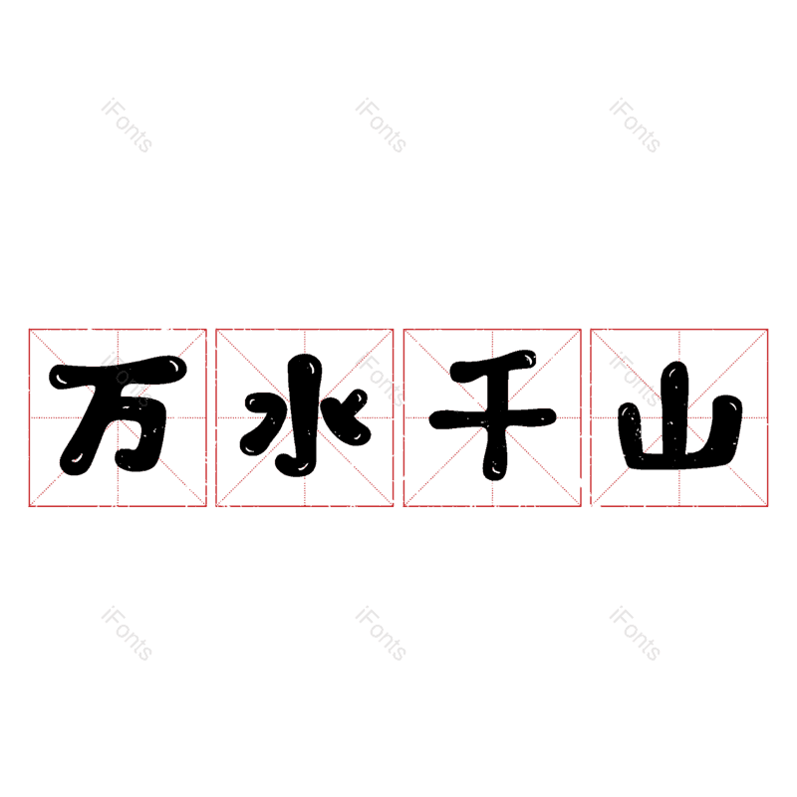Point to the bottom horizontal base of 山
pos(678,459)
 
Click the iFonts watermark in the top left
pos(127,126)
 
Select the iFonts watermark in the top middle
pos(381,126)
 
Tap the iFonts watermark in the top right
pos(635,126)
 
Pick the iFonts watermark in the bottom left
pos(127,634)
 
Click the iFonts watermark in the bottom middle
pos(381,634)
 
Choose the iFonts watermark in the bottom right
pos(635,634)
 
